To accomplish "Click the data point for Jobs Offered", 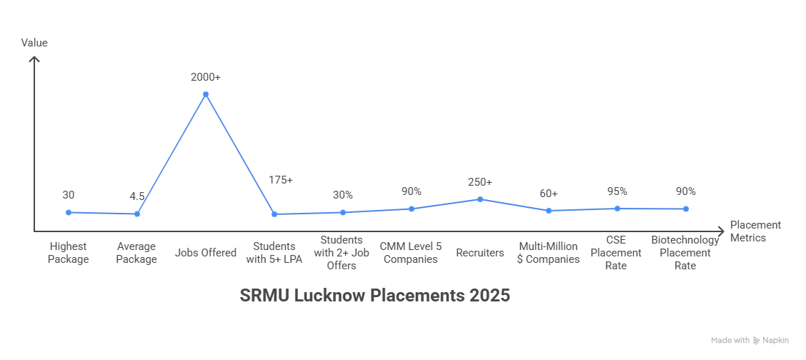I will click(x=206, y=94).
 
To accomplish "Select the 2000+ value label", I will click(x=206, y=76).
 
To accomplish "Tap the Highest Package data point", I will click(x=69, y=212).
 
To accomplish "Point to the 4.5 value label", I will click(x=137, y=196).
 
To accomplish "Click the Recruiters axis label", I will click(x=480, y=253).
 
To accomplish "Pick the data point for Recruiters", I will click(x=480, y=199).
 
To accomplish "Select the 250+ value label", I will click(x=480, y=182).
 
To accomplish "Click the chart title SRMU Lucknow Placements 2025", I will click(x=375, y=296).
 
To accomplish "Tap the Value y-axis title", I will click(x=34, y=43).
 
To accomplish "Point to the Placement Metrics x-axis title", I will click(x=755, y=231).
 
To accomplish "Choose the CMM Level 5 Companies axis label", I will click(x=411, y=253).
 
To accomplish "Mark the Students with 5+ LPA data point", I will click(x=274, y=214).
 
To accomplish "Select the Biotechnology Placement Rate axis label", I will click(x=685, y=253).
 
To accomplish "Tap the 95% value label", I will click(x=617, y=191).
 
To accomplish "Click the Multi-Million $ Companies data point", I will click(x=549, y=211).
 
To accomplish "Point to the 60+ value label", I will click(x=549, y=194).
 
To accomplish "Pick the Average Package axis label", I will click(x=136, y=253).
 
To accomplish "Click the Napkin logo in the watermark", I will click(x=757, y=341).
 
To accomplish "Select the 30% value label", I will click(x=343, y=195).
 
